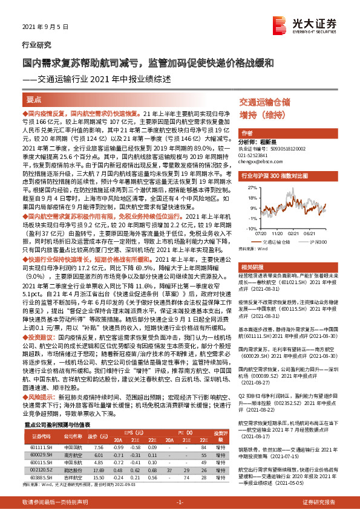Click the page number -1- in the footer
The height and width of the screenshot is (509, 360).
tap(180, 502)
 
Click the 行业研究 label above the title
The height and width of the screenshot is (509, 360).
tap(33, 45)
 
